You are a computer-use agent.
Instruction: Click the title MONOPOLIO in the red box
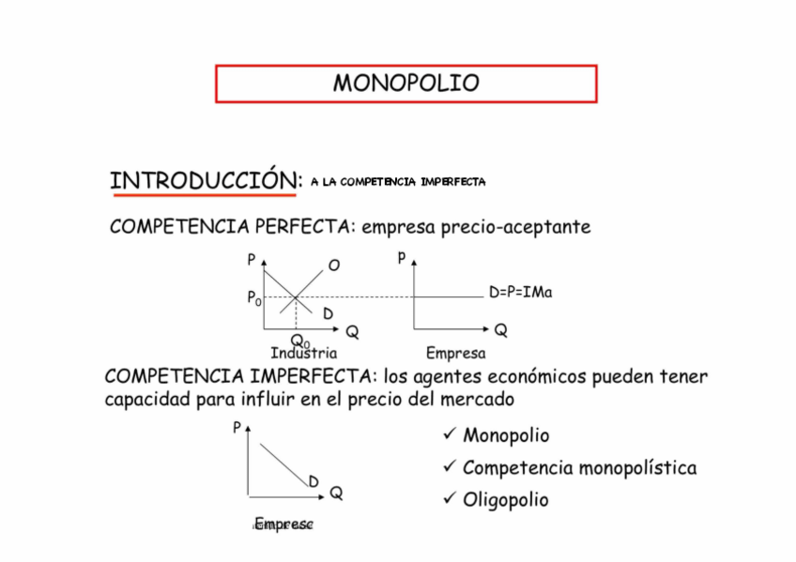click(x=406, y=84)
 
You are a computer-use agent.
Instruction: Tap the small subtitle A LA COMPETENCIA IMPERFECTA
click(x=398, y=181)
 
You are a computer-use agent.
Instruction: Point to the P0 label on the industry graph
click(x=253, y=298)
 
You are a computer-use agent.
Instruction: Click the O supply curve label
click(x=334, y=266)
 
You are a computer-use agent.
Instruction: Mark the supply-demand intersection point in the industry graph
click(x=296, y=298)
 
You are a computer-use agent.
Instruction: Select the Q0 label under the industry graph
click(x=299, y=340)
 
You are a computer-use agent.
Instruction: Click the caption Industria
click(x=303, y=354)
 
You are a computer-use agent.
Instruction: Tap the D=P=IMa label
click(x=520, y=293)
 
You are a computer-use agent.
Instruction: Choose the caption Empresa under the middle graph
click(x=455, y=354)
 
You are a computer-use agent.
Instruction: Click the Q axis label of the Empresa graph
click(x=501, y=330)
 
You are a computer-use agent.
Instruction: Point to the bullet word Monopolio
click(x=506, y=435)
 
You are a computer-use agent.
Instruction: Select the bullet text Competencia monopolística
click(x=579, y=467)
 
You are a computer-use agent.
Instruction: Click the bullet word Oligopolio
click(x=505, y=499)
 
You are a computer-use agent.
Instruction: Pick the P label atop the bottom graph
click(x=236, y=428)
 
